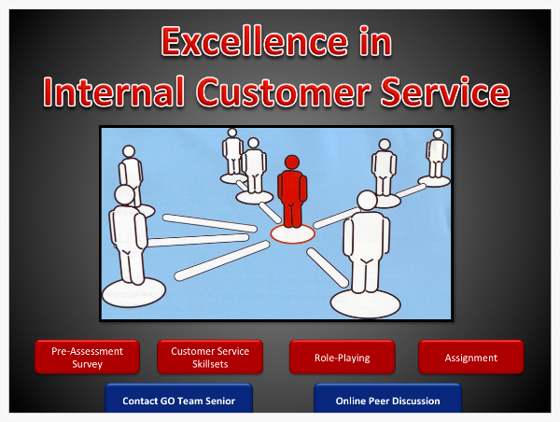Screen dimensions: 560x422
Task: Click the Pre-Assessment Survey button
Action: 87,357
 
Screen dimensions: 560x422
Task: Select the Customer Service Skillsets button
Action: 210,357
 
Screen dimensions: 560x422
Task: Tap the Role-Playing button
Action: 343,357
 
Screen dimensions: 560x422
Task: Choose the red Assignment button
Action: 471,357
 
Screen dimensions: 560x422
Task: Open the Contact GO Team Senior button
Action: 178,399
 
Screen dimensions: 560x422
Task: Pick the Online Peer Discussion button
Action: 388,399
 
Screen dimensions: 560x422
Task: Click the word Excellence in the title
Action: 254,41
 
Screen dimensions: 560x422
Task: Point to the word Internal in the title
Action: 114,91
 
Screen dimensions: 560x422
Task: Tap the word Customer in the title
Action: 283,91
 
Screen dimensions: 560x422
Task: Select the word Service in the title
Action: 445,91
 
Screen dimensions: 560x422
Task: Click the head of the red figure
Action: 292,162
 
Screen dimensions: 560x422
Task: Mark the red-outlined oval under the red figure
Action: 292,234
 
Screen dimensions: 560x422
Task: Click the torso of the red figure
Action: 292,188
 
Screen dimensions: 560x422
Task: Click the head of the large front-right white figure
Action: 367,201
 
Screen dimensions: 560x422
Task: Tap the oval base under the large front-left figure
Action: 133,292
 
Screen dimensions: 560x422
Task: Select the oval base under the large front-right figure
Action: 365,303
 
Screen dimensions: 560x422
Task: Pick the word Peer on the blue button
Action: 381,401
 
